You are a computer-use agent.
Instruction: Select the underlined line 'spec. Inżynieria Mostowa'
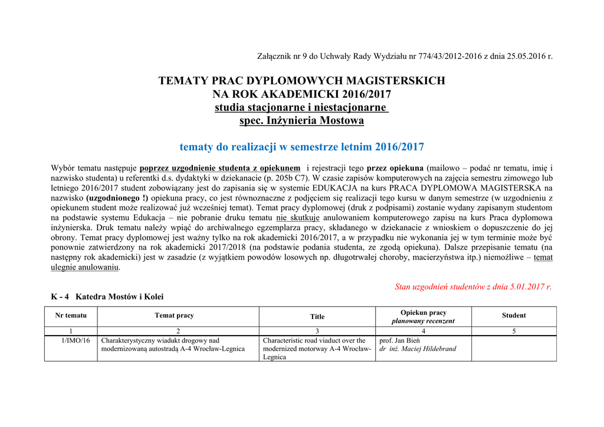(301, 121)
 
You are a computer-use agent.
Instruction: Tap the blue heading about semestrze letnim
(301, 147)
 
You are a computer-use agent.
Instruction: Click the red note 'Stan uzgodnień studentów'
(473, 287)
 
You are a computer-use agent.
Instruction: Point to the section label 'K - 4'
(60, 297)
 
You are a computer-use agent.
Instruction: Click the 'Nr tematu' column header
(71, 316)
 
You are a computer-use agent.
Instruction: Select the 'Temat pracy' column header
(174, 316)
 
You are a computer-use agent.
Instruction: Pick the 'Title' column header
(317, 317)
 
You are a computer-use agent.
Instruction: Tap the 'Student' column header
(514, 316)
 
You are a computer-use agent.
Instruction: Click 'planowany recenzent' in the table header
(423, 321)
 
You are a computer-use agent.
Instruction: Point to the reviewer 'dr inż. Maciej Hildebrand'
(418, 349)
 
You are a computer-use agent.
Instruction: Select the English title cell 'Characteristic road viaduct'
(317, 349)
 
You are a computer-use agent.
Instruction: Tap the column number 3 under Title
(317, 331)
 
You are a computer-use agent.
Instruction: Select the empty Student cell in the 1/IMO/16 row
(514, 348)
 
